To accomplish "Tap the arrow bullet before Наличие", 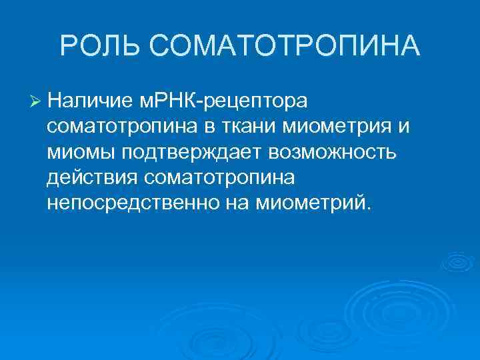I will tap(37, 101).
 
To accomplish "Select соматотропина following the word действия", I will tap(221, 177).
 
